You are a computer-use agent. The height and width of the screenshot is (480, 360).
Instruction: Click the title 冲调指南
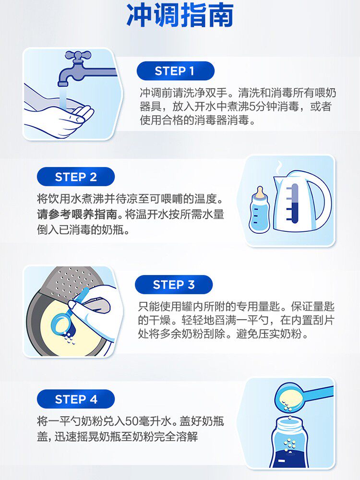click(x=180, y=15)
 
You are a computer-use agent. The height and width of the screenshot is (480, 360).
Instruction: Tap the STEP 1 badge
click(x=175, y=71)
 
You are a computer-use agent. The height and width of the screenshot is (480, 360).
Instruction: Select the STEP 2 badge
click(x=76, y=177)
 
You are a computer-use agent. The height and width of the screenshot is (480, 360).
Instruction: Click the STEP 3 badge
click(x=174, y=284)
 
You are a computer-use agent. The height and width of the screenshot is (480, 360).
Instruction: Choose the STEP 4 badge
click(x=76, y=399)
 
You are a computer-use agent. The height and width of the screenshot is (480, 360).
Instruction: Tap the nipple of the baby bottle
click(x=260, y=192)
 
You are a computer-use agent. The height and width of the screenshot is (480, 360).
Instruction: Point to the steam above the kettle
click(x=279, y=168)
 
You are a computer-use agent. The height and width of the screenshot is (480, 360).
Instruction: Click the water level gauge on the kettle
click(x=294, y=203)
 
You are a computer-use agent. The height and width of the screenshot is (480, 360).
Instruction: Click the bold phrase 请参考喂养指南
click(x=77, y=214)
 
